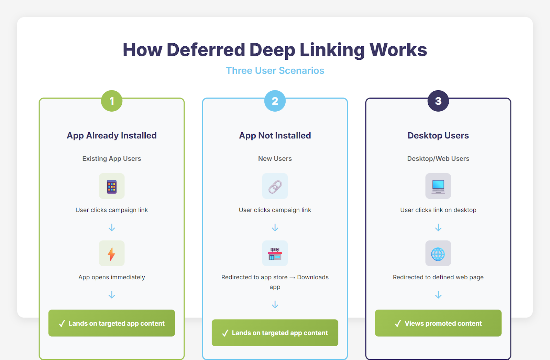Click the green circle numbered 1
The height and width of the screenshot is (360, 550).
(112, 101)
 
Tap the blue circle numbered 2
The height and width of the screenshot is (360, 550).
(275, 101)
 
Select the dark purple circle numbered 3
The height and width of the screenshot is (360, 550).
(438, 101)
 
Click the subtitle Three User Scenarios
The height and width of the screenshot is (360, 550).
(275, 70)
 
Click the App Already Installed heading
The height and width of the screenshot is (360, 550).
(112, 136)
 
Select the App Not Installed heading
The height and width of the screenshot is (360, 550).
(275, 136)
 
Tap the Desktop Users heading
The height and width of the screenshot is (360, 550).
(438, 136)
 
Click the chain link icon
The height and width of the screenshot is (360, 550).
(275, 186)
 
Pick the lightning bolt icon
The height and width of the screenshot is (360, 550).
(112, 254)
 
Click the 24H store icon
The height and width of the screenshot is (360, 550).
(275, 254)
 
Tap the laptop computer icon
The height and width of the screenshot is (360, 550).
(438, 186)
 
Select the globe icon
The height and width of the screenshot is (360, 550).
(438, 254)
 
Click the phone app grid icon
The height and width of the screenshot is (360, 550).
(112, 186)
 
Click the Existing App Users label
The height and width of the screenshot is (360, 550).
(112, 159)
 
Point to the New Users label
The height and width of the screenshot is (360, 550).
(275, 159)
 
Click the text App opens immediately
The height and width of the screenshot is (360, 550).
(112, 277)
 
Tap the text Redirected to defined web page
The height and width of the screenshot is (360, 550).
(438, 277)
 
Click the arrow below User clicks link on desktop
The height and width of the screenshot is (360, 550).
(438, 228)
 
